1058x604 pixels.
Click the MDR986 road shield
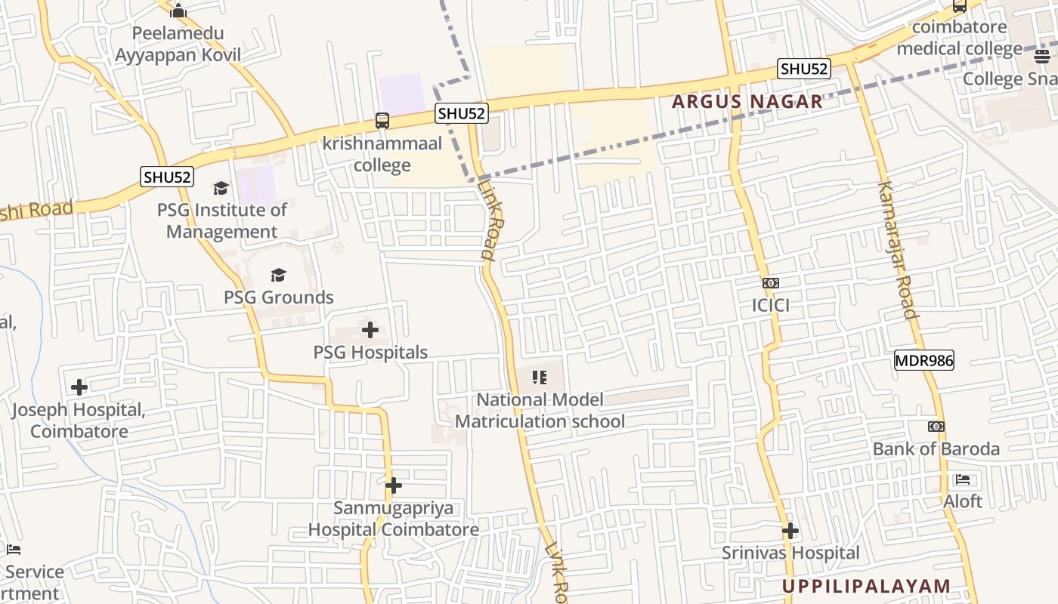click(923, 360)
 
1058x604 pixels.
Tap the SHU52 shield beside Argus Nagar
click(804, 69)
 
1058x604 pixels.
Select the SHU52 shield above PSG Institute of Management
click(167, 177)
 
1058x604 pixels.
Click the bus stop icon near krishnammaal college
click(382, 121)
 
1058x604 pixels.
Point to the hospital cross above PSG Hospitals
click(370, 330)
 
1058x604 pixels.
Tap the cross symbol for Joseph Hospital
click(79, 388)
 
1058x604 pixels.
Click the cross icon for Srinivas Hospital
click(790, 531)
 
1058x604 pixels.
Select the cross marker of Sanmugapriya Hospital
click(393, 485)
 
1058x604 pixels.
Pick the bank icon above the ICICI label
click(771, 283)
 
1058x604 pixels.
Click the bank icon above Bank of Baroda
click(936, 427)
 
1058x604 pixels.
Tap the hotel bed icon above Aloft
click(962, 479)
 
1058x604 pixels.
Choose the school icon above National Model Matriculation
click(540, 377)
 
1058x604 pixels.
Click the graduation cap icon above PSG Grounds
click(278, 275)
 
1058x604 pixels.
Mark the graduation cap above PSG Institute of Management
click(221, 187)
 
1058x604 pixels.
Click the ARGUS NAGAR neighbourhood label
click(747, 101)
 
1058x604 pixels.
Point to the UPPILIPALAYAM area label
click(866, 586)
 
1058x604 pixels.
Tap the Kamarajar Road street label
click(897, 249)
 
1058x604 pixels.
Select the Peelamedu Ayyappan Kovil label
click(178, 44)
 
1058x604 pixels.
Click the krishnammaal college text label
click(382, 154)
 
